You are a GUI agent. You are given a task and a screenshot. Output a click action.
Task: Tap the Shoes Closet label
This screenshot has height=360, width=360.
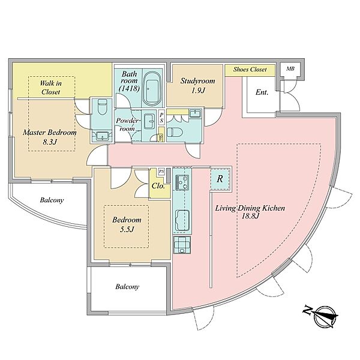click(x=250, y=70)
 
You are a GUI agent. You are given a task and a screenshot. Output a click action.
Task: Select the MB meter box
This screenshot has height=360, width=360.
click(x=290, y=68)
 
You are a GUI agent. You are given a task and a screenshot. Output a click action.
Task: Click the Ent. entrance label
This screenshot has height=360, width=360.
click(x=262, y=92)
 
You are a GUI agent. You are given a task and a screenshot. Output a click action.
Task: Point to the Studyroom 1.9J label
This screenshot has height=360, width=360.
click(x=197, y=85)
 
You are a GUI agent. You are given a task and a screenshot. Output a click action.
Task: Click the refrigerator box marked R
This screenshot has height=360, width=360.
click(x=220, y=179)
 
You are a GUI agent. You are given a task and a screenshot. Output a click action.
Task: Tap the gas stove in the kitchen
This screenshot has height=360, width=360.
click(x=182, y=182)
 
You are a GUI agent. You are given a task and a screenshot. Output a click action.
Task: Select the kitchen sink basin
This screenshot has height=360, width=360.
click(x=182, y=220)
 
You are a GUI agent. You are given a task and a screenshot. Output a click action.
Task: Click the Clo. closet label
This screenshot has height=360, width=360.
click(x=158, y=186)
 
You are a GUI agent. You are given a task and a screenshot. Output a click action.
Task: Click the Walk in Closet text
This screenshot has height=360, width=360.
click(x=50, y=88)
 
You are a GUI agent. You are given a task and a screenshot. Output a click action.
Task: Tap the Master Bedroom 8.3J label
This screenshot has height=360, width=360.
click(x=50, y=137)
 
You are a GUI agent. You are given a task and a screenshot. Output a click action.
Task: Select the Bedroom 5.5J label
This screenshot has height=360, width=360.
click(x=127, y=224)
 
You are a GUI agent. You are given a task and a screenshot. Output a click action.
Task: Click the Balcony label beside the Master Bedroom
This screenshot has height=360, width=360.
click(x=52, y=200)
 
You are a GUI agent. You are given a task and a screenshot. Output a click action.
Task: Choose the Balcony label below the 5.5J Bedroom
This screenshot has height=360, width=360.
click(x=127, y=287)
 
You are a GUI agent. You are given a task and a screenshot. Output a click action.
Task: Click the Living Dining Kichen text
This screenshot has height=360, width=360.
click(x=250, y=208)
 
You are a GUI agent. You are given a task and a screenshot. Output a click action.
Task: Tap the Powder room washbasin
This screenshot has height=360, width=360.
click(x=150, y=122)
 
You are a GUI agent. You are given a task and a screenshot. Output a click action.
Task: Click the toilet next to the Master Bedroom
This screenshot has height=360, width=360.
click(x=102, y=107)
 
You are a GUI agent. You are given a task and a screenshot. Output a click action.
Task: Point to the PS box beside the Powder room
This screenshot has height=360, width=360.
click(x=161, y=118)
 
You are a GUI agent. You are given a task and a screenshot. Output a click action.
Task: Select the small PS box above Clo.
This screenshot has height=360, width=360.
click(x=161, y=172)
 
